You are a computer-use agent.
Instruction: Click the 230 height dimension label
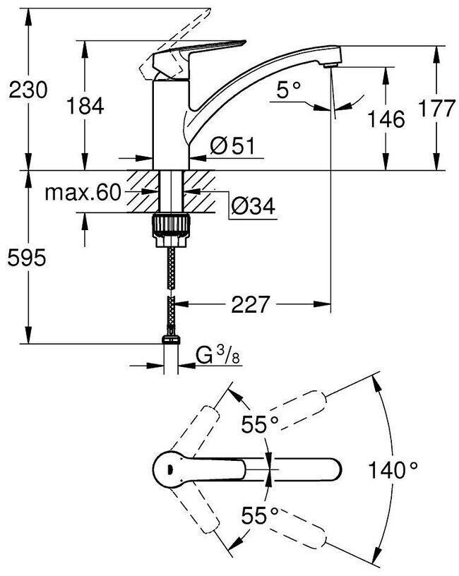(28, 90)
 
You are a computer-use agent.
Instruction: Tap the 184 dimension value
(85, 106)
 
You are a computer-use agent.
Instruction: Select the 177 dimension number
(437, 109)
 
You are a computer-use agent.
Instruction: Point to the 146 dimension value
(386, 119)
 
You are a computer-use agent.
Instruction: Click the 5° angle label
(288, 90)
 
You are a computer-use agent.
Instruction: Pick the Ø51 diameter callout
(232, 146)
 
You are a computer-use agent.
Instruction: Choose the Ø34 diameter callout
(254, 205)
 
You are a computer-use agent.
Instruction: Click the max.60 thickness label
(83, 192)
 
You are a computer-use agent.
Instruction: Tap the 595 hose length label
(27, 258)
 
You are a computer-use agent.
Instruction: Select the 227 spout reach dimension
(251, 304)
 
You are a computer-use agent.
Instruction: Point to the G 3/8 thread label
(218, 355)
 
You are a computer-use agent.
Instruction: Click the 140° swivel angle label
(393, 470)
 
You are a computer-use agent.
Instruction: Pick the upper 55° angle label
(259, 425)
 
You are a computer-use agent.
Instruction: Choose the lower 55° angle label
(259, 515)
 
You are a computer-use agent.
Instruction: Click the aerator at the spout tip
(330, 66)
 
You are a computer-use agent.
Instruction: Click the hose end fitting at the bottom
(171, 339)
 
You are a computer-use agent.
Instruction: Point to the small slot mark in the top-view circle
(169, 469)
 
